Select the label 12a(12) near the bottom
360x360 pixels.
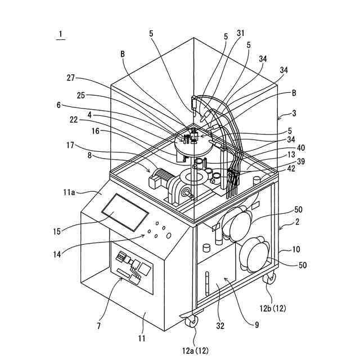(195, 350)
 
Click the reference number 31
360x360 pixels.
(241, 33)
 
